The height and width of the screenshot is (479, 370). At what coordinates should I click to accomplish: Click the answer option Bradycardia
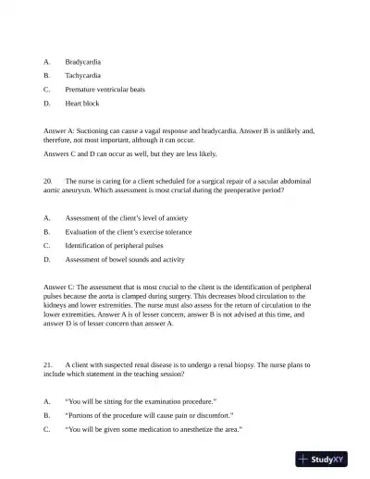click(x=82, y=60)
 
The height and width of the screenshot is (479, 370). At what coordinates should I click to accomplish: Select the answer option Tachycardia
click(x=82, y=75)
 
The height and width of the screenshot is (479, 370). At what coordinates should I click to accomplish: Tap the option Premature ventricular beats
click(x=105, y=89)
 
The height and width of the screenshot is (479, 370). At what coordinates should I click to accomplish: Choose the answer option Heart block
click(x=81, y=104)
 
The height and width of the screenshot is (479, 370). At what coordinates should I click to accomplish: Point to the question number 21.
click(x=48, y=364)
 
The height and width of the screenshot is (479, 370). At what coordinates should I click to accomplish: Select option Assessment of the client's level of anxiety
click(x=129, y=217)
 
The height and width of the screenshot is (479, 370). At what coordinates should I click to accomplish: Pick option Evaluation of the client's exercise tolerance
click(x=129, y=232)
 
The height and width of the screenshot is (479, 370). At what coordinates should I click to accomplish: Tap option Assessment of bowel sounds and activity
click(x=125, y=260)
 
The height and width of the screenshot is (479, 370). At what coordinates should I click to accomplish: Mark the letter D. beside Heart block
click(x=47, y=104)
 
